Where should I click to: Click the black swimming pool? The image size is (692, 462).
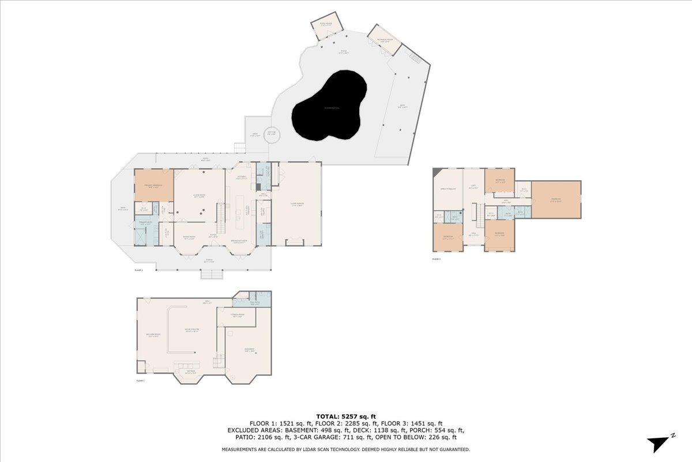tap(329, 107)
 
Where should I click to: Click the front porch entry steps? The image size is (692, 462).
tap(211, 274)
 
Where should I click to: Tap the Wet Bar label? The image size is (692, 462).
tap(190, 373)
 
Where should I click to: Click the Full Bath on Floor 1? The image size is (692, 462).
tap(255, 303)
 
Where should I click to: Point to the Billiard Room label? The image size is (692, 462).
tap(153, 335)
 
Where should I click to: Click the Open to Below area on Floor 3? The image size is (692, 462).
tap(448, 189)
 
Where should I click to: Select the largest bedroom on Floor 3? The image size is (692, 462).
tap(556, 200)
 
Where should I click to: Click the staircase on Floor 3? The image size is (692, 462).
tap(477, 217)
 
